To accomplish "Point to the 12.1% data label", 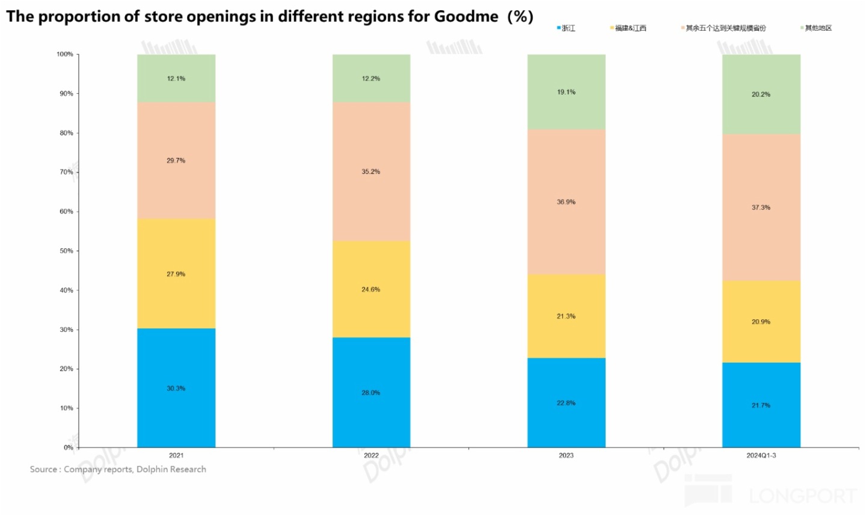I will (176, 79).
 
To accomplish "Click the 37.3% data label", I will (761, 207).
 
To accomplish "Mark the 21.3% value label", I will (566, 316).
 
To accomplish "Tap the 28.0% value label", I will (371, 393).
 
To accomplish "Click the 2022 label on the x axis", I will (371, 455).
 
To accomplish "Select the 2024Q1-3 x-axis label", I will (761, 455).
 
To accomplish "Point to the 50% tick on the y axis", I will (66, 251).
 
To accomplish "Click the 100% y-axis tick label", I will (65, 54).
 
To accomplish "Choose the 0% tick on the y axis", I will (68, 447).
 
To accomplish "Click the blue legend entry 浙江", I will (568, 28).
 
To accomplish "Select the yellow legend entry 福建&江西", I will (630, 28).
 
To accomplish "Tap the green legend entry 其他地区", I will (818, 28).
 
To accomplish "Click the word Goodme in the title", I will (466, 16).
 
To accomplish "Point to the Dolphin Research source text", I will (171, 469).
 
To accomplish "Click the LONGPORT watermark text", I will (802, 496).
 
